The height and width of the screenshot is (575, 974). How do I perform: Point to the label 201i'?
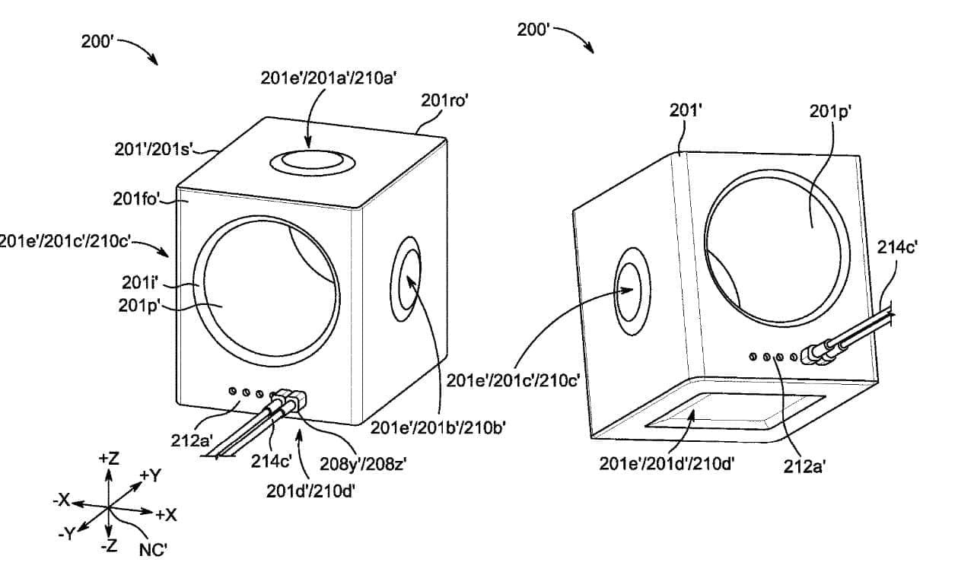[139, 283]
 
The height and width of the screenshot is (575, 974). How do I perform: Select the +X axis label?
[166, 515]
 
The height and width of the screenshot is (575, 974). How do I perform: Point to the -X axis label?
[61, 500]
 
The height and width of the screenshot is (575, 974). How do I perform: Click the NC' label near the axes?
[154, 549]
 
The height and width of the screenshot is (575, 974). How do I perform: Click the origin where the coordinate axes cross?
[109, 507]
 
